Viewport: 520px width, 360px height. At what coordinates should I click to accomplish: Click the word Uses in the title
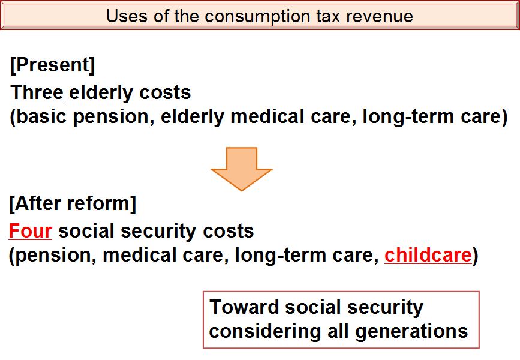pyautogui.click(x=126, y=16)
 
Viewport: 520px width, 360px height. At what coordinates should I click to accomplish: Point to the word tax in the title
pyautogui.click(x=328, y=17)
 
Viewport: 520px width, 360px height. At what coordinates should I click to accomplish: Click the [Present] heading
pyautogui.click(x=52, y=65)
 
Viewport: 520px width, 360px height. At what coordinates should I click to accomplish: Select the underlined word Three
pyautogui.click(x=37, y=92)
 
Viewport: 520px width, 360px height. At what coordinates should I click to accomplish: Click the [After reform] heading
pyautogui.click(x=73, y=203)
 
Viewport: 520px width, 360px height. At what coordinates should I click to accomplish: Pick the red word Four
pyautogui.click(x=30, y=231)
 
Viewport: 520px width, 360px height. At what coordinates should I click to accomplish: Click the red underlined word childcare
pyautogui.click(x=428, y=255)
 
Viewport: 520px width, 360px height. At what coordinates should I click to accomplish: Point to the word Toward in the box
pyautogui.click(x=244, y=307)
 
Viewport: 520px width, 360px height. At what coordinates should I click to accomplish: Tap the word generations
pyautogui.click(x=411, y=331)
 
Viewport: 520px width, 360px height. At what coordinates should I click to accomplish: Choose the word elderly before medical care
pyautogui.click(x=193, y=117)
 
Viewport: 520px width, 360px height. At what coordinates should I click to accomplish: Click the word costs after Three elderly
pyautogui.click(x=165, y=92)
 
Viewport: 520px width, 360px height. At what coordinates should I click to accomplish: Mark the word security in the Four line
pyautogui.click(x=158, y=232)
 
